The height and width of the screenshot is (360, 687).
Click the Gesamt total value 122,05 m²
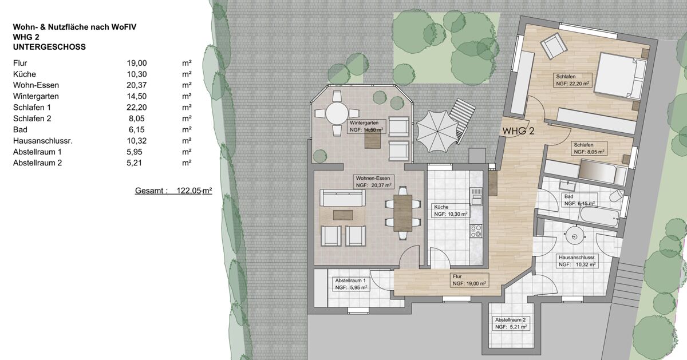tap(194, 191)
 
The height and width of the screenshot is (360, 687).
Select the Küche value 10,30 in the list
tap(137, 74)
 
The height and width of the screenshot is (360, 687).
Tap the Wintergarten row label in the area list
tap(36, 96)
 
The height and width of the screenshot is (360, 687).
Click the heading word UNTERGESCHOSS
tap(49, 47)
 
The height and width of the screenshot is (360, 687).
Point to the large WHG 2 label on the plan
tap(518, 131)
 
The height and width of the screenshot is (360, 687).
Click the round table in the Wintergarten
tap(337, 113)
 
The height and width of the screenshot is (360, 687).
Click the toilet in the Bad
tap(616, 196)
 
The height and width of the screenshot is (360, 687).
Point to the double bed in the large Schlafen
tap(620, 76)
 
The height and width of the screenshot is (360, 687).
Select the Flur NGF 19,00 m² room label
tap(469, 280)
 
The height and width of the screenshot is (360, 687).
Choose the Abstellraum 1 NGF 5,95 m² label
tap(351, 284)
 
